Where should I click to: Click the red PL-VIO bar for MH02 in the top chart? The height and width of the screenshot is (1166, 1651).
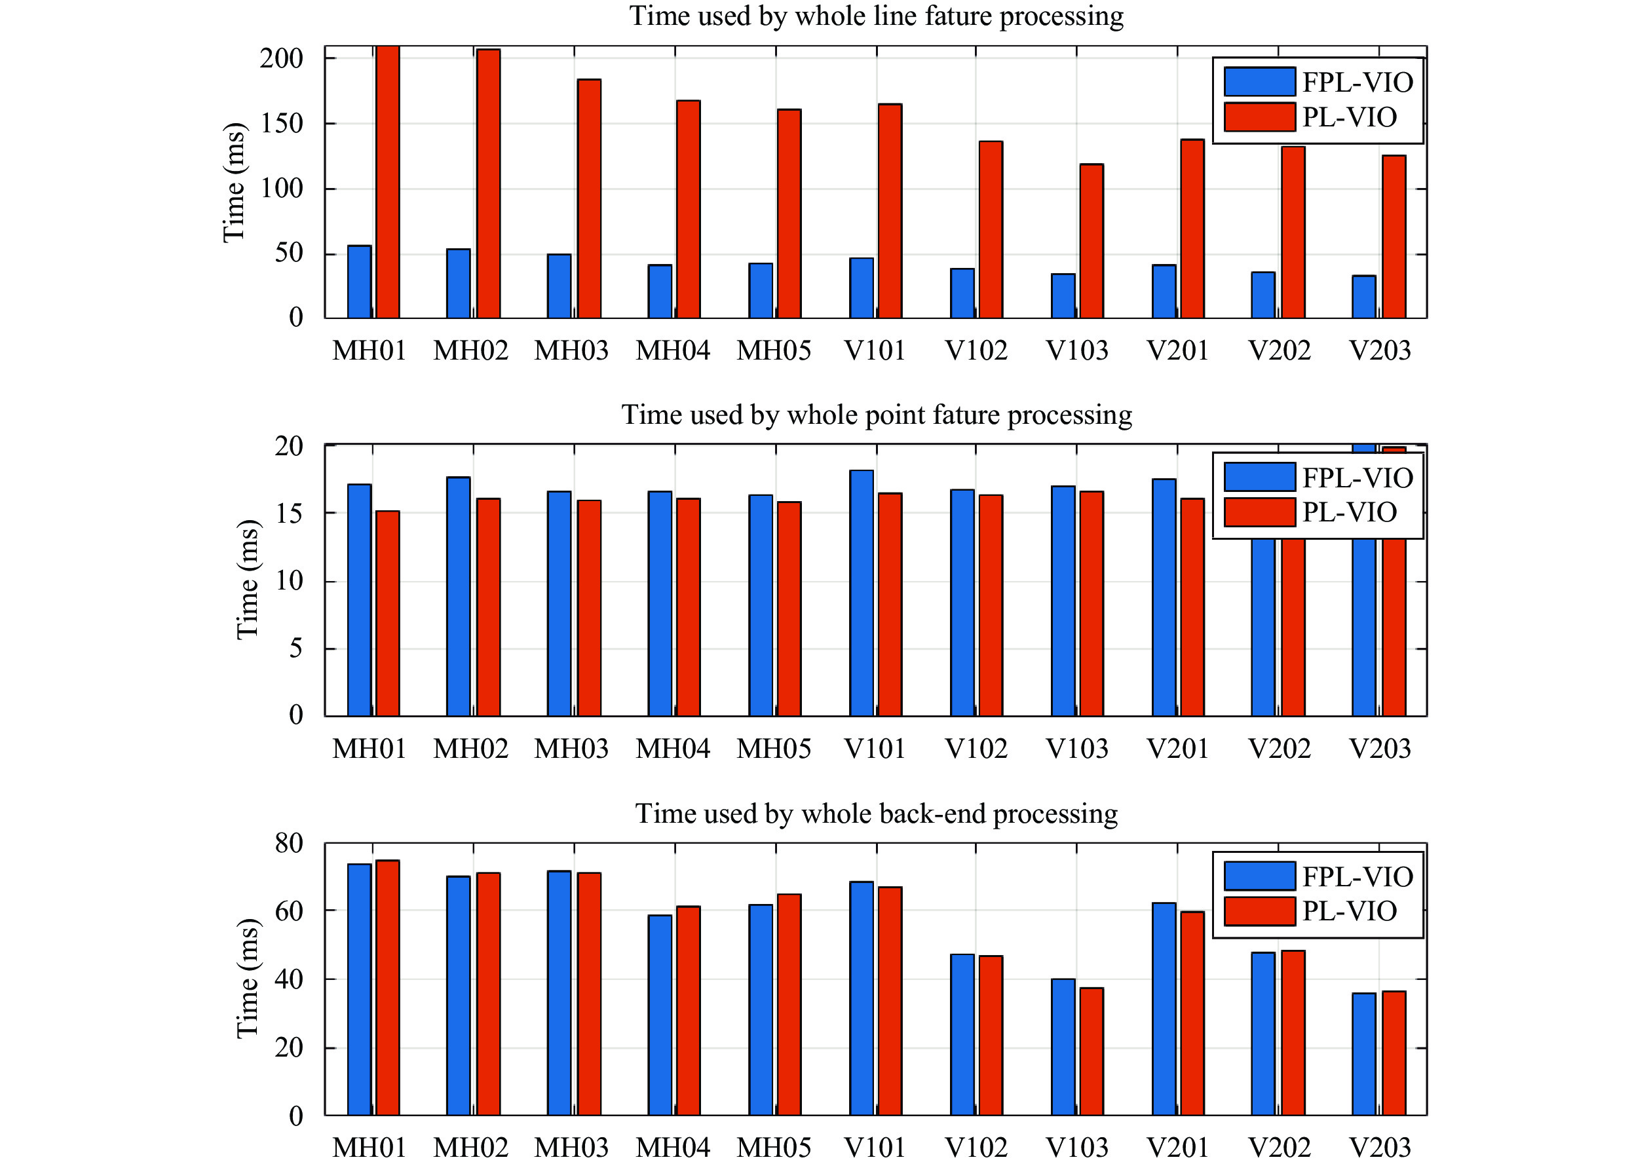point(488,183)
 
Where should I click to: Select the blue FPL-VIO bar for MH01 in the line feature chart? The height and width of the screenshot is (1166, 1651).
point(360,282)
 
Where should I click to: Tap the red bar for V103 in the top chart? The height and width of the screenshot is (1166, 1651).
point(1091,241)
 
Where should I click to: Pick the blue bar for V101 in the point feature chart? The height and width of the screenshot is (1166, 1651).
point(862,593)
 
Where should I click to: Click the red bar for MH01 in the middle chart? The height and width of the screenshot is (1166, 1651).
point(388,613)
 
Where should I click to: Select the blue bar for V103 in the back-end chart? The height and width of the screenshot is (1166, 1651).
point(1063,1047)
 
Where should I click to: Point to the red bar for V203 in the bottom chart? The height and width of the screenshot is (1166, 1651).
point(1394,1053)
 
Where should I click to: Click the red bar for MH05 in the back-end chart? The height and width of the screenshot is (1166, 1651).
point(789,1004)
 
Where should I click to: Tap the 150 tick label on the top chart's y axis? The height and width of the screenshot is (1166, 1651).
point(281,124)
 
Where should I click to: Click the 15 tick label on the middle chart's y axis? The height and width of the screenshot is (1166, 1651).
point(289,514)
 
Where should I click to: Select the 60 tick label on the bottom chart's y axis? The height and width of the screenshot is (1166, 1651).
point(289,911)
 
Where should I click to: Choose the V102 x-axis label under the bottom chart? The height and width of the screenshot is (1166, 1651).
point(976,1147)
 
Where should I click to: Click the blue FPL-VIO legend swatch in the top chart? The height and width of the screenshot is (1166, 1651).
point(1259,82)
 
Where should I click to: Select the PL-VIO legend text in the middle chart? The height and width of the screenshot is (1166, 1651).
point(1349,512)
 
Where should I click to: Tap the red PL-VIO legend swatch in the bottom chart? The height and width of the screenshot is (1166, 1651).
point(1259,911)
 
